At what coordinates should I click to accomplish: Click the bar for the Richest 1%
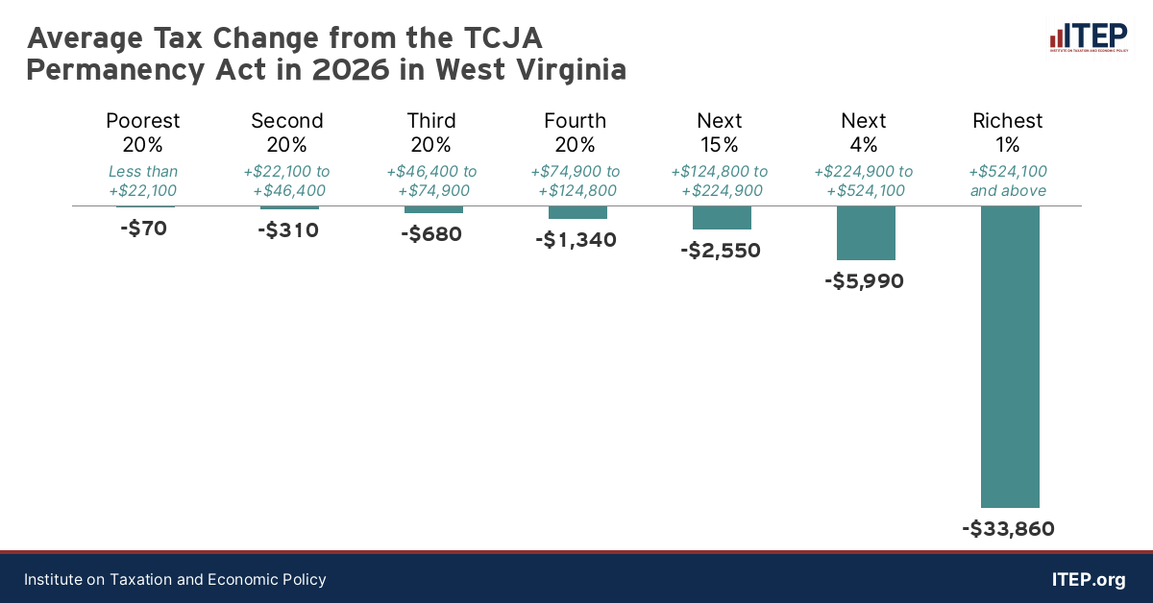pos(1010,356)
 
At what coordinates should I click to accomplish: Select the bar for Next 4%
pos(866,233)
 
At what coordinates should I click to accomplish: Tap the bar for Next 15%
pos(722,218)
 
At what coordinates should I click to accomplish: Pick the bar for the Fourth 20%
pos(577,212)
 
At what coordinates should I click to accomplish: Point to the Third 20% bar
pos(433,209)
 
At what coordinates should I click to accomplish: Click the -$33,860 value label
pos(1008,529)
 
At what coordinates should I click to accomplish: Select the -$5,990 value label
pos(864,281)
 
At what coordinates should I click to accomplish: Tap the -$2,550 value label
pos(720,251)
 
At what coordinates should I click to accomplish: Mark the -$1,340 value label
pos(576,240)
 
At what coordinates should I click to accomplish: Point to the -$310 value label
pos(288,230)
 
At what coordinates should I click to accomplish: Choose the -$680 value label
pos(431,233)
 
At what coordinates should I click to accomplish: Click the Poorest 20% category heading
pos(143,133)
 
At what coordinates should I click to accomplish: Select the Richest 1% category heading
pos(1008,133)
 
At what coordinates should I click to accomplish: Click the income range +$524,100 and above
pos(1008,181)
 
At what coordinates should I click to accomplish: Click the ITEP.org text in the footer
pos(1089,580)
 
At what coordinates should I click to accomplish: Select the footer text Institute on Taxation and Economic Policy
pos(175,580)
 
